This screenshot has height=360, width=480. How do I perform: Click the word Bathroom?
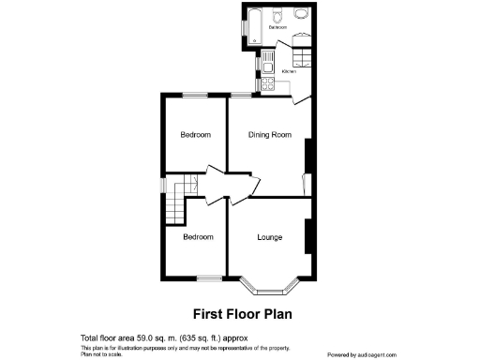click(x=277, y=28)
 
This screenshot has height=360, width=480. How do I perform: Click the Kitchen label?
click(x=290, y=71)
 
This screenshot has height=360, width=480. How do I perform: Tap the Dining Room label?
click(x=270, y=135)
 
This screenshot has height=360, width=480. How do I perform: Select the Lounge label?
click(x=272, y=237)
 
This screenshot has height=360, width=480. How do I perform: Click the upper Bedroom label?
click(x=196, y=135)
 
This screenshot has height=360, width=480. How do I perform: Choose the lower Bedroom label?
click(x=198, y=237)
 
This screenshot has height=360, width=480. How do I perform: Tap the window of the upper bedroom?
click(x=195, y=95)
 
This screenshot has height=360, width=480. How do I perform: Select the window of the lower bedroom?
click(x=208, y=278)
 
